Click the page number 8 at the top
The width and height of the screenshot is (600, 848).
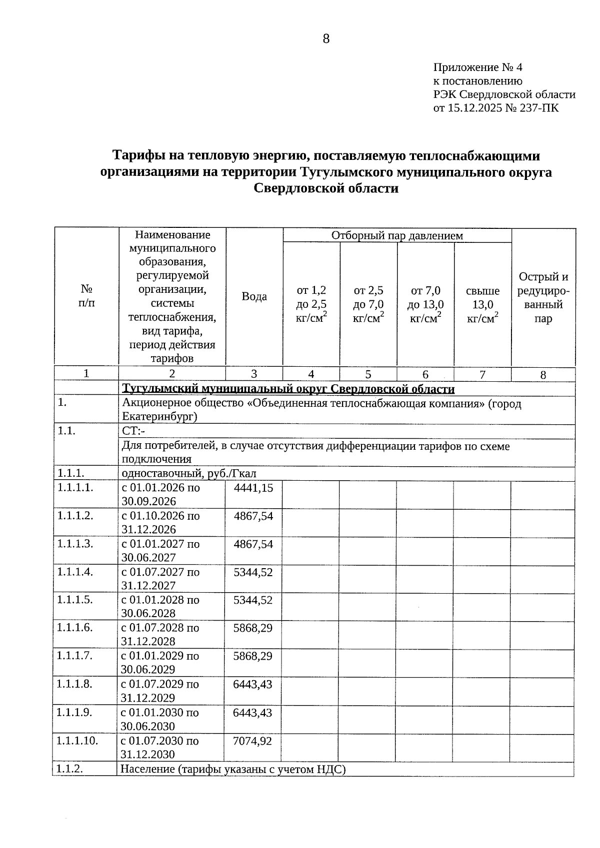[x=326, y=39]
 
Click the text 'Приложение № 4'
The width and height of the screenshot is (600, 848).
[x=477, y=67]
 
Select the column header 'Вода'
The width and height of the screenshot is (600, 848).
[x=254, y=296]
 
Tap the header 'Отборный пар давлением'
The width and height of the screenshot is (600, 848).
[x=397, y=235]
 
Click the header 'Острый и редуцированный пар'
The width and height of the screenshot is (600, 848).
[x=543, y=297]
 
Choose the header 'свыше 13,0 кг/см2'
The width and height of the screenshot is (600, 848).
[x=482, y=304]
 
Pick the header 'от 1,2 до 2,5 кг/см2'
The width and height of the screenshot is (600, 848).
[x=311, y=304]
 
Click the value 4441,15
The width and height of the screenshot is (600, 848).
[x=253, y=488]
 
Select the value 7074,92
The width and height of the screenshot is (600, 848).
[x=252, y=741]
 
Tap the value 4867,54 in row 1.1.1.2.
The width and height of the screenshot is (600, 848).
[x=253, y=516]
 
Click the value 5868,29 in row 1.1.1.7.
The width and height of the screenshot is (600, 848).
[x=253, y=656]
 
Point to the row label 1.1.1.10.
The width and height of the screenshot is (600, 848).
[x=77, y=741]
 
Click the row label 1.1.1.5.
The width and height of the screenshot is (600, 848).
[x=75, y=600]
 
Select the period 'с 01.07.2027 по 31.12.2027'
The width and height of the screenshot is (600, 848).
[x=160, y=579]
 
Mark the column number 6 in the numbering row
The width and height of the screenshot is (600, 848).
[x=425, y=374]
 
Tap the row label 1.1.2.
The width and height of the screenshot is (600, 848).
[x=69, y=769]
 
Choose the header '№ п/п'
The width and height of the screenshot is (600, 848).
[x=86, y=296]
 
